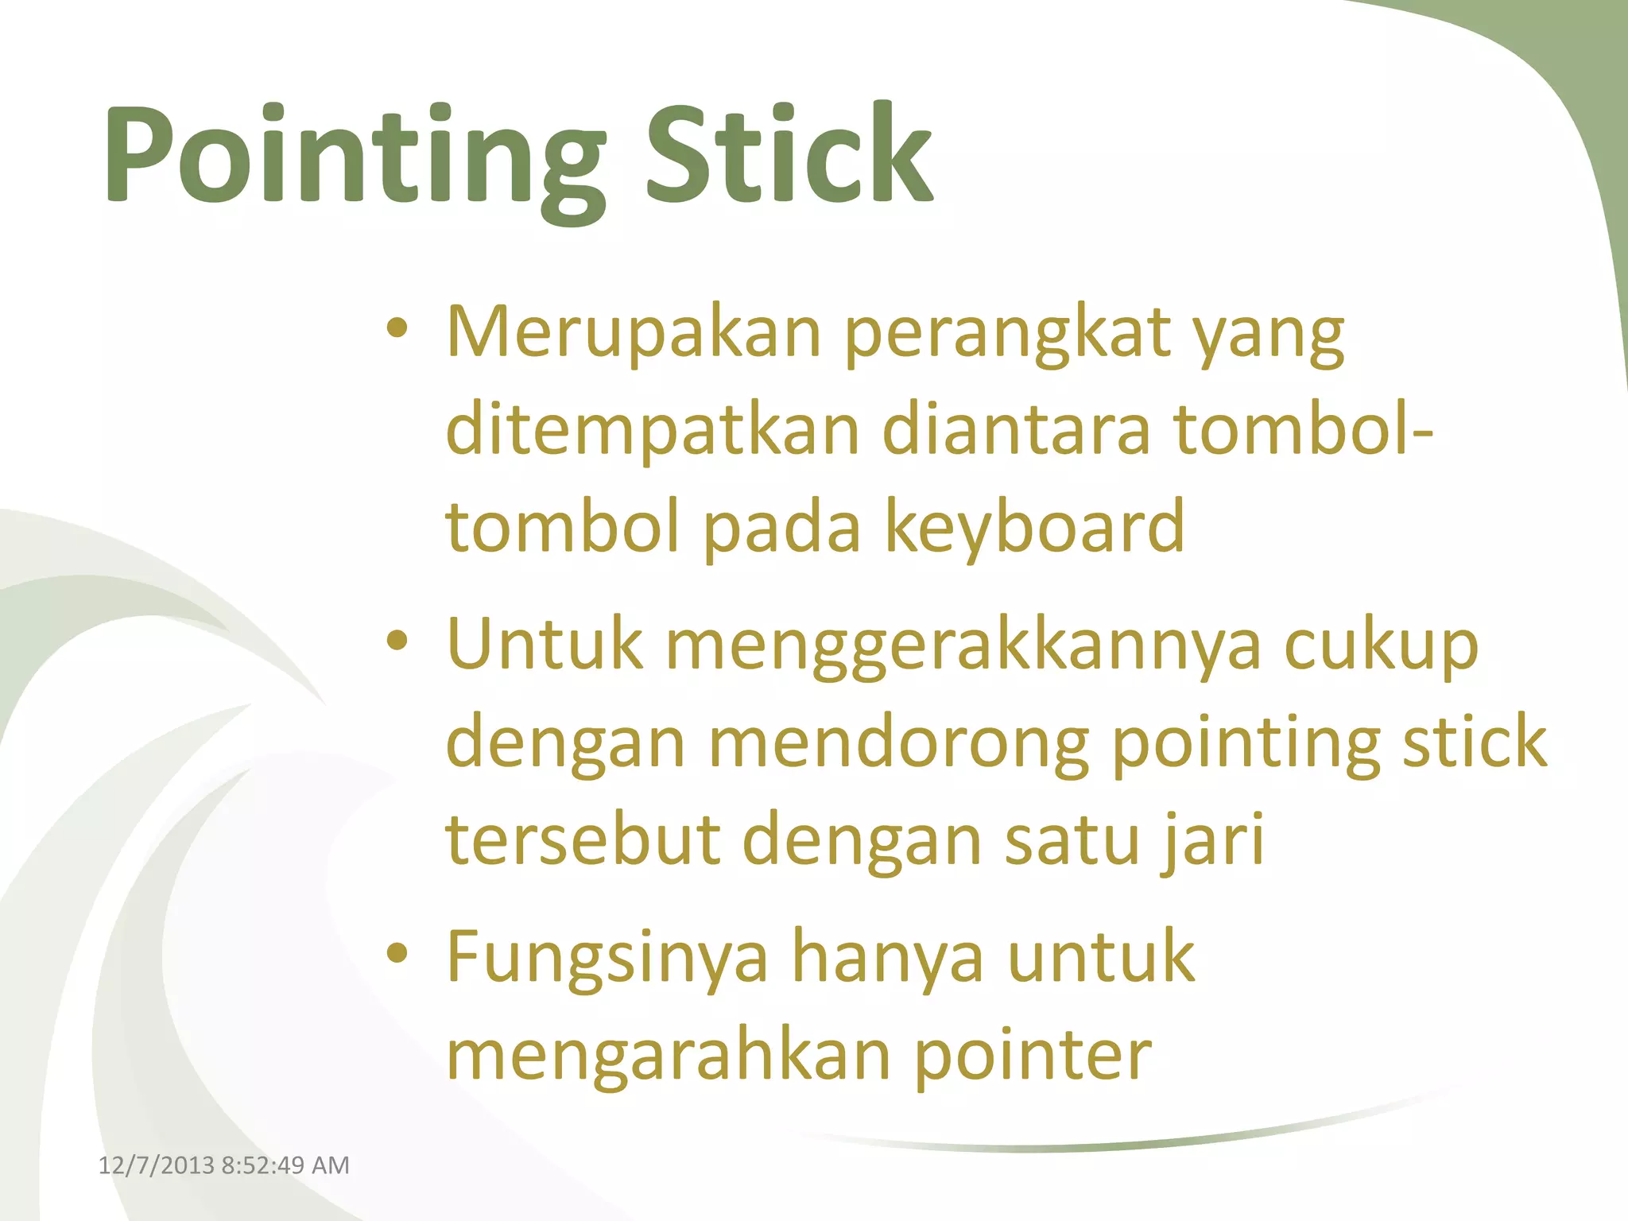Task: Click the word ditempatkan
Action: click(x=653, y=431)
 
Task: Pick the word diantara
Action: click(x=1016, y=429)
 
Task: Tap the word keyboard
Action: click(x=1034, y=527)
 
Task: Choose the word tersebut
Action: click(x=583, y=839)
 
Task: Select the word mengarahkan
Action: click(x=669, y=1056)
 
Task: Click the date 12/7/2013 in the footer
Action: click(x=157, y=1165)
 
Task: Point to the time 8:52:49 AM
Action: click(x=285, y=1165)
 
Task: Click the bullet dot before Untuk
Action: click(x=397, y=641)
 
